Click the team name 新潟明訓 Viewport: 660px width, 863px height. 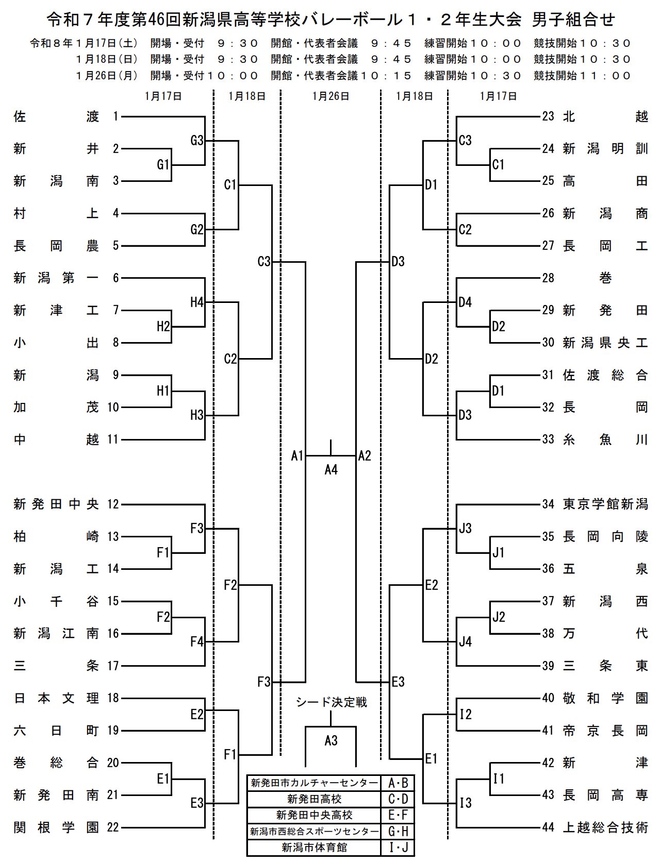tap(605, 149)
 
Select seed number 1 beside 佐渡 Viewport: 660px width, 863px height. tap(116, 116)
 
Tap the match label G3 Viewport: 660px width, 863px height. tap(197, 140)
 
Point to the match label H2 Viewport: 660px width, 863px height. tap(163, 326)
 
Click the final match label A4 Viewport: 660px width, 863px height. tap(331, 469)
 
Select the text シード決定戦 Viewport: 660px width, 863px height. tap(331, 702)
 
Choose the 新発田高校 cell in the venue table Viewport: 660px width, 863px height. tap(314, 799)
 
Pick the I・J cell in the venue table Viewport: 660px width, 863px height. tap(398, 848)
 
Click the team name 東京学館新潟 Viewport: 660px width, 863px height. tap(605, 504)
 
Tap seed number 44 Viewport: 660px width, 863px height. tap(548, 827)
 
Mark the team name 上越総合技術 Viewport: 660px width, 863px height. tap(605, 827)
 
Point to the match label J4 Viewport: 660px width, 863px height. tap(465, 641)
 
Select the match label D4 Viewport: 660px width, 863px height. tap(465, 302)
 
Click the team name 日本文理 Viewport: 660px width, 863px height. tap(56, 698)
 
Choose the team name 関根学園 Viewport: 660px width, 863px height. tap(56, 827)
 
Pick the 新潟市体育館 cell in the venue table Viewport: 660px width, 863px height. tap(314, 848)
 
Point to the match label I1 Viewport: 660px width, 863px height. tap(498, 779)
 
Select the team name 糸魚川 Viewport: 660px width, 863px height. tap(605, 439)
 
